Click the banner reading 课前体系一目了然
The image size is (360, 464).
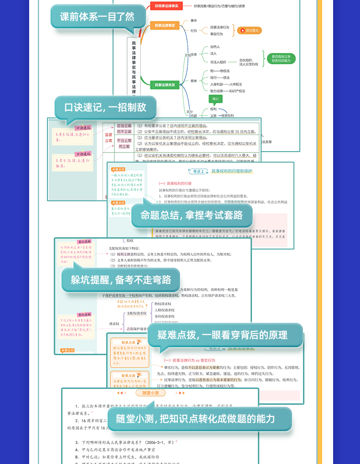(98, 17)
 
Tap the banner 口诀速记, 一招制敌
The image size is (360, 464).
(105, 107)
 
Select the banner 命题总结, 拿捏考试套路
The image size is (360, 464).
(191, 215)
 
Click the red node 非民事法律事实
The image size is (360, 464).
(166, 6)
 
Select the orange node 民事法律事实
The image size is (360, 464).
(165, 25)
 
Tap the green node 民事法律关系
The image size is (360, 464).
(165, 84)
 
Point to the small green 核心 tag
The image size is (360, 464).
(215, 99)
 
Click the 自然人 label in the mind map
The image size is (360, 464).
(215, 46)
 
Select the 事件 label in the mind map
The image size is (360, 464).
(194, 20)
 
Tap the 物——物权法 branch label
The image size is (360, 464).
(220, 71)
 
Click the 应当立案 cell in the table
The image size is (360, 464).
(123, 125)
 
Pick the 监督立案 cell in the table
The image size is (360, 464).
(108, 138)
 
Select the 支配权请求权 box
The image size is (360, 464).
(137, 313)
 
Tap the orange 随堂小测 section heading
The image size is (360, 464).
(150, 393)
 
